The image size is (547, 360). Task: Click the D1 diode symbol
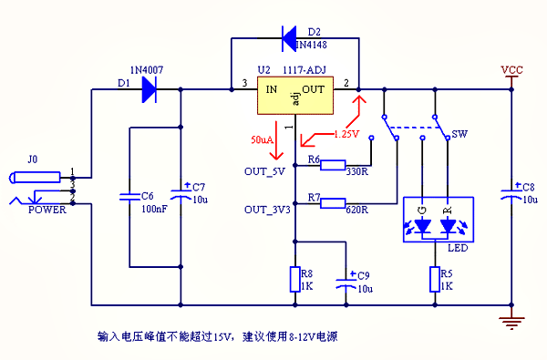149,89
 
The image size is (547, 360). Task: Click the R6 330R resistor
333,168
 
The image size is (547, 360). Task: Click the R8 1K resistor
294,279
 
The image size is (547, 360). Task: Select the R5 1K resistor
435,279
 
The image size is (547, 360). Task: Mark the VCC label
512,69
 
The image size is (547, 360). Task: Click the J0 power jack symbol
41,176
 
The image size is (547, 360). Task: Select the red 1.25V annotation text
346,134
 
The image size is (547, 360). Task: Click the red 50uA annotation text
262,140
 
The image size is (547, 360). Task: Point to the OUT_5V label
264,170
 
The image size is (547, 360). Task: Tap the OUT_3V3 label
266,209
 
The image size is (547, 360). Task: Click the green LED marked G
421,221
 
